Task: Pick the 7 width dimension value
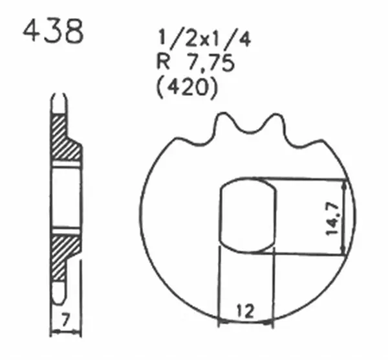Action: (x=67, y=319)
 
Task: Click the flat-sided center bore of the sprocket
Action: (x=248, y=216)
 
